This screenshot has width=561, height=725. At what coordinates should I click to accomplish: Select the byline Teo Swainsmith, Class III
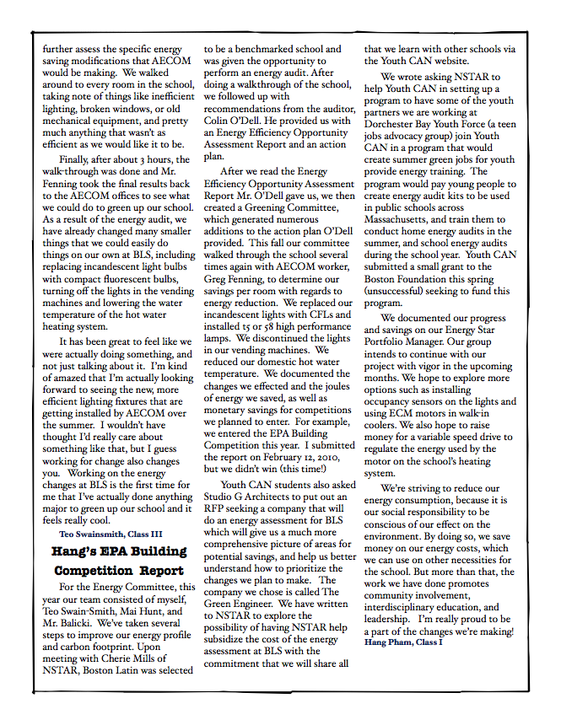pyautogui.click(x=111, y=534)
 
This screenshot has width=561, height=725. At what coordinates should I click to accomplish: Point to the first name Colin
pyautogui.click(x=219, y=121)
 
